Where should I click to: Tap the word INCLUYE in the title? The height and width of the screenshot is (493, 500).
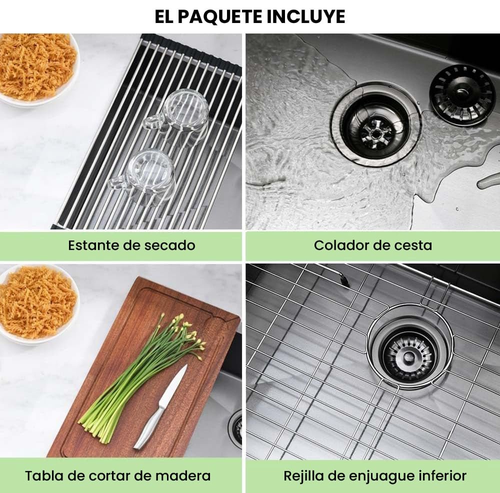pyautogui.click(x=305, y=16)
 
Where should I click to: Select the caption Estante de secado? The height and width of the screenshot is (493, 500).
pyautogui.click(x=131, y=245)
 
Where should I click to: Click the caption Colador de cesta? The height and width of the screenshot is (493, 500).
pyautogui.click(x=373, y=245)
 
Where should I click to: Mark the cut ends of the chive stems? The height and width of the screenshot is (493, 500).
pyautogui.click(x=93, y=429)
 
